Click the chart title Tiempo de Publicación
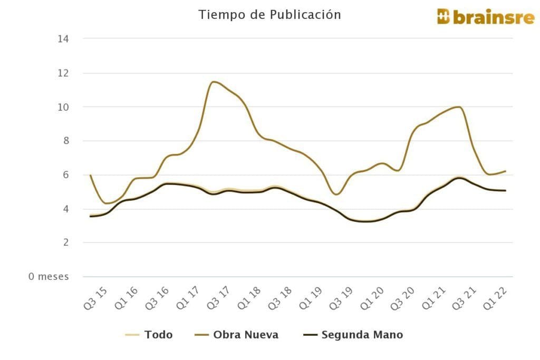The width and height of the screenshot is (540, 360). coord(269,15)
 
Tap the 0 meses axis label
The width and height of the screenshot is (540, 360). coord(49,277)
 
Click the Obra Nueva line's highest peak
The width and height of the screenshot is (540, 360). coord(213,82)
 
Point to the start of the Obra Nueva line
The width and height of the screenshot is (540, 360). coord(91,176)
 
